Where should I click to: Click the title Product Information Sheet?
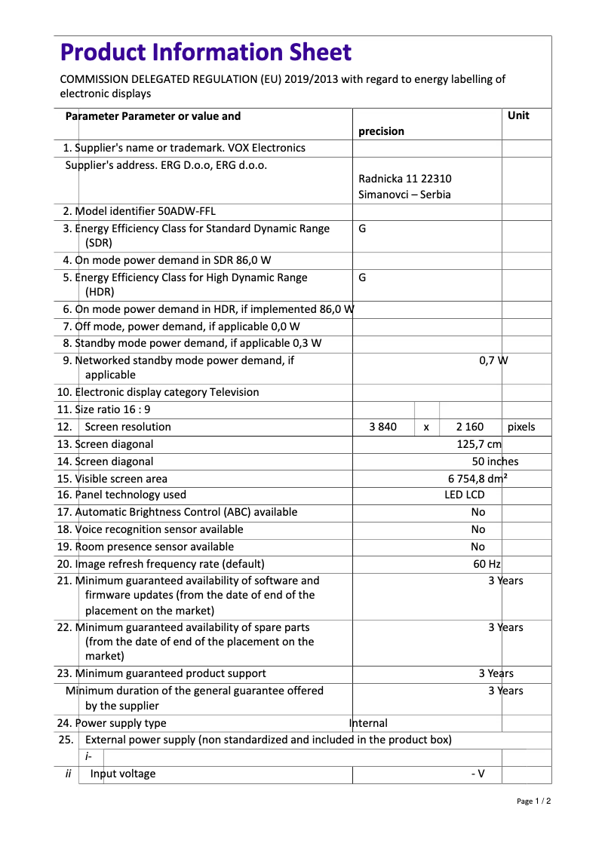coord(205,53)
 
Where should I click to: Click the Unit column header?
coord(518,115)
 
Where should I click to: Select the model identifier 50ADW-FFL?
coord(186,211)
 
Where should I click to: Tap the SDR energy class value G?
coord(362,228)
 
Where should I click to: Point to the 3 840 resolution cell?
coord(382,427)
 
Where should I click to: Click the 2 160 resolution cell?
coord(469,427)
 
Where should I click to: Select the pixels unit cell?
coord(521,427)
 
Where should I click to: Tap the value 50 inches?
coord(495,461)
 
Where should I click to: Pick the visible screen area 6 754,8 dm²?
coord(478,479)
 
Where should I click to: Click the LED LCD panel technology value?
coord(464,495)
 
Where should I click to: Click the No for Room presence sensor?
coord(478,547)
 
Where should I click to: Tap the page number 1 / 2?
coord(534,801)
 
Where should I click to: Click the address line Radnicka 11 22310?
coord(405,179)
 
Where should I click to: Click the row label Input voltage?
coord(123,774)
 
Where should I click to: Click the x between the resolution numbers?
coord(426,427)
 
